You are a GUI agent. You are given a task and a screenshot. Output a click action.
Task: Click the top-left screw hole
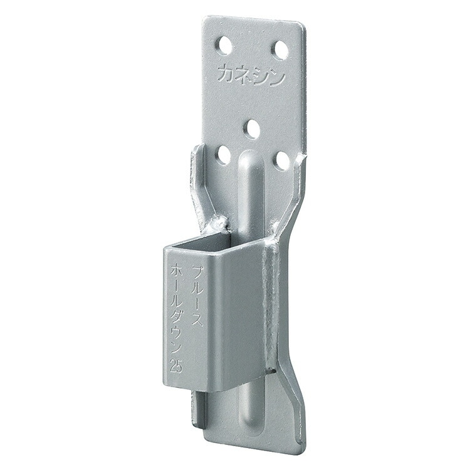(225, 45)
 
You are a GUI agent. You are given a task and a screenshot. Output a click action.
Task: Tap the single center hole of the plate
(252, 128)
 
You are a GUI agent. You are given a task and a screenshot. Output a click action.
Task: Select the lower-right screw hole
(283, 160)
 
